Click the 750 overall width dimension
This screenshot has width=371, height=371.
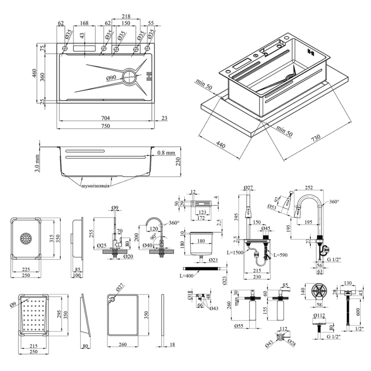(106, 126)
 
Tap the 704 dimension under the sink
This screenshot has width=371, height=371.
(106, 118)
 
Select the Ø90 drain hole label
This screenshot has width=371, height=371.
(111, 78)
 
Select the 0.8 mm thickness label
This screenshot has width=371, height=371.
(166, 153)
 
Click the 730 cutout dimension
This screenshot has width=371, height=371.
(316, 138)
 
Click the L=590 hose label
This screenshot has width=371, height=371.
(280, 255)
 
